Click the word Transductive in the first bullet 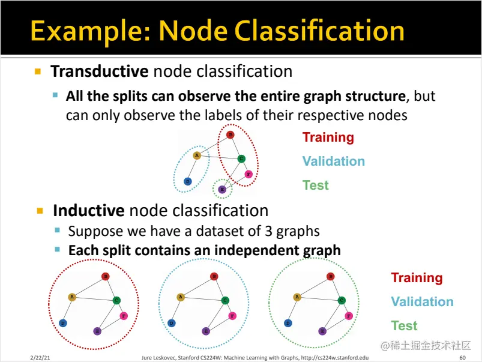[x=99, y=71]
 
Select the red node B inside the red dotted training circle [x=105, y=276]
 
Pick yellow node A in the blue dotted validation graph [x=180, y=297]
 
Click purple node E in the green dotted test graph [x=322, y=331]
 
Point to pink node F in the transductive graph [x=249, y=175]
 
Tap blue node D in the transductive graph [x=188, y=181]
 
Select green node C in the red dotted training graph [x=116, y=300]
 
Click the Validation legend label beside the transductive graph [x=333, y=161]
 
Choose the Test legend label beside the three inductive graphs [x=404, y=326]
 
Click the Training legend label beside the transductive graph [x=328, y=137]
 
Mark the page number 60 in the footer [x=462, y=358]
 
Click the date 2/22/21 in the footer [x=40, y=358]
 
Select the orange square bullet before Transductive [x=38, y=71]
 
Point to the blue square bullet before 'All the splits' [x=56, y=95]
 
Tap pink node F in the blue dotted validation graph [x=232, y=315]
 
